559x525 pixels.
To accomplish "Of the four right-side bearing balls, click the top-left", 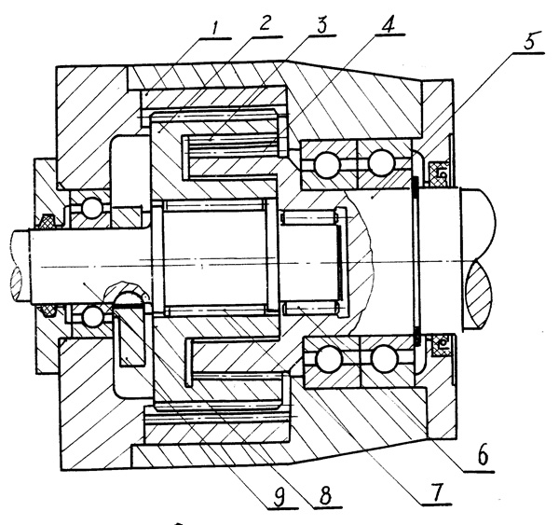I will [327, 166].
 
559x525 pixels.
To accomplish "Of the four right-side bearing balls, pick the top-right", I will [380, 166].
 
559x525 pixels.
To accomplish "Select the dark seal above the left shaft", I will [44, 222].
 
